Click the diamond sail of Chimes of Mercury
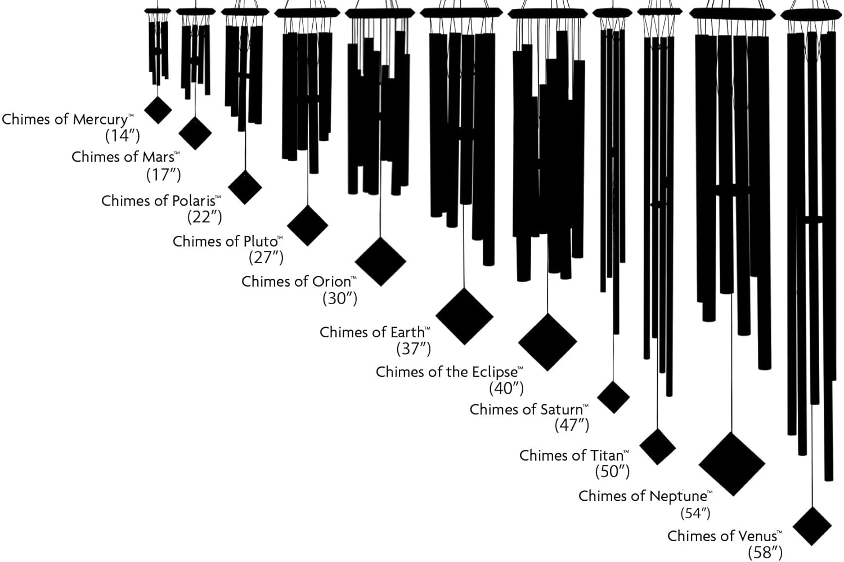click(158, 110)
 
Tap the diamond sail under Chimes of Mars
click(195, 133)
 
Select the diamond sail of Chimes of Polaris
click(245, 187)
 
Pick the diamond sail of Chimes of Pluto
click(307, 225)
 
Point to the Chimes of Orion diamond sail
click(380, 261)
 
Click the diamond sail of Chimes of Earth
click(464, 316)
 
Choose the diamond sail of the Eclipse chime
click(547, 342)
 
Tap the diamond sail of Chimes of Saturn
click(613, 397)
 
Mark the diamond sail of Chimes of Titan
click(657, 447)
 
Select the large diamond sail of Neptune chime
click(732, 464)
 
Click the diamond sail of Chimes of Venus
click(812, 526)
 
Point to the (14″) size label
click(123, 136)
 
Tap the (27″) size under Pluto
click(266, 257)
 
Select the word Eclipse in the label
click(495, 372)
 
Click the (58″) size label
click(765, 552)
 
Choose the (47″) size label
click(572, 425)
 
